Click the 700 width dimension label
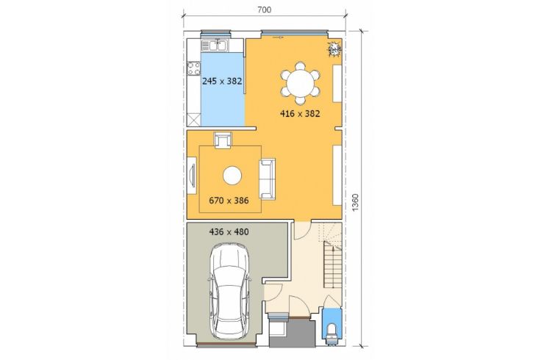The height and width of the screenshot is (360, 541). coord(265,10)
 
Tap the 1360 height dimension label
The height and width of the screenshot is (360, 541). coord(356,203)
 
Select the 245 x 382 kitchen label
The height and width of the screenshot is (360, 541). coord(222,82)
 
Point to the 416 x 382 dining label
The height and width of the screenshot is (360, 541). coord(300,113)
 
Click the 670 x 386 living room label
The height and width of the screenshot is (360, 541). coord(229,201)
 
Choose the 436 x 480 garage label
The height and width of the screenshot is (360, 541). coord(229,231)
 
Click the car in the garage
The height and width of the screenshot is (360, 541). coord(230,292)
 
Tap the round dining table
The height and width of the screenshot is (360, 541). coord(301,83)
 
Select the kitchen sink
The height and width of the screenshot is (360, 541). coord(214,46)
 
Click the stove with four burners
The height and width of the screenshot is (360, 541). coord(193,68)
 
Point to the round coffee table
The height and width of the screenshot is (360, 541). coord(232,176)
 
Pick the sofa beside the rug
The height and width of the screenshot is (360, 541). coord(268,179)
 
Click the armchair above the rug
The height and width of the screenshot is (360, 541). coord(223,140)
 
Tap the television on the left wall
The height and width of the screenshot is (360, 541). coord(192,176)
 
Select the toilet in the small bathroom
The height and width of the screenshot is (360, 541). coord(332,332)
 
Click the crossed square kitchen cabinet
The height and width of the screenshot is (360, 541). coord(194,120)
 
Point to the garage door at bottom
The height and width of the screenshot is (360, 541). coord(226,344)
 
